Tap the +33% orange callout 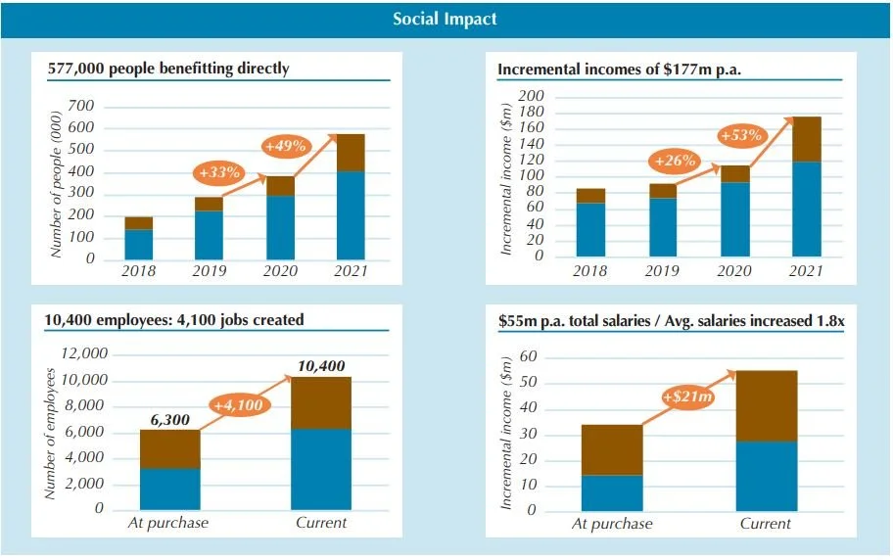click(x=219, y=173)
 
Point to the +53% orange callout click(x=741, y=135)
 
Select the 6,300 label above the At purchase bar click(x=169, y=420)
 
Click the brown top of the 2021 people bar click(x=351, y=153)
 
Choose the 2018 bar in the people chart click(x=138, y=238)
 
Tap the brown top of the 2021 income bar click(x=807, y=139)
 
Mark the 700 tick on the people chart click(x=81, y=106)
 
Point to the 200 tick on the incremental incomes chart click(x=532, y=96)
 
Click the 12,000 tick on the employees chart click(x=83, y=354)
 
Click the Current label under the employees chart click(x=321, y=523)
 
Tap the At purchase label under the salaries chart click(x=612, y=524)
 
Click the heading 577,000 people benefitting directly click(x=168, y=69)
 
